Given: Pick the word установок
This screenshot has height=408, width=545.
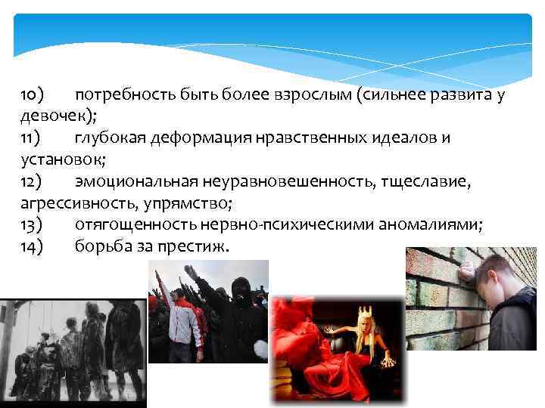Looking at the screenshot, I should (x=58, y=161).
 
